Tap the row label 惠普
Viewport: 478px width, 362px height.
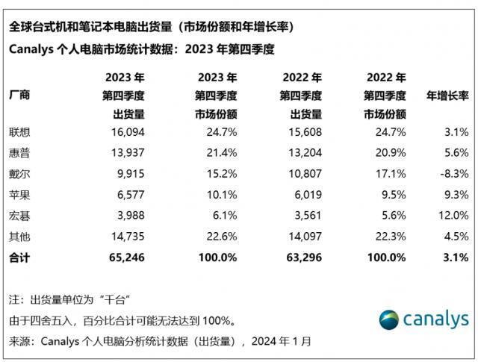[19, 152]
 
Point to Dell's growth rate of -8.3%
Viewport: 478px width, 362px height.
[453, 173]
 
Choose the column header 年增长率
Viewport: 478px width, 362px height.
[447, 96]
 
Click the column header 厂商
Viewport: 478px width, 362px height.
[19, 96]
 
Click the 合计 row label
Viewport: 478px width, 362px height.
[19, 257]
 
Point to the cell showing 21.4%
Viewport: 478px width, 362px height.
[221, 152]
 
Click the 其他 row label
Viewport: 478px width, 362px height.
[19, 236]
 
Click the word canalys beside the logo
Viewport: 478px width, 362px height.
[437, 320]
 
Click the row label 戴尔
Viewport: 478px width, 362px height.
[19, 173]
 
